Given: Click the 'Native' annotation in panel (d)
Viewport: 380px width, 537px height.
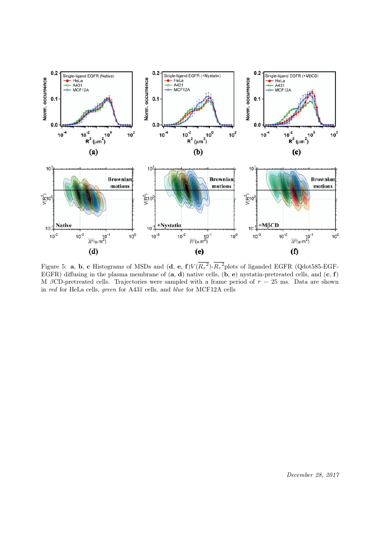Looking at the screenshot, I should click(64, 225).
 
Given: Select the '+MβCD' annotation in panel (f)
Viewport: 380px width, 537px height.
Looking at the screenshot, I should click(270, 225).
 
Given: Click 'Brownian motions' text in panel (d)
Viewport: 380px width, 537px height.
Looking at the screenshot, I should click(119, 183).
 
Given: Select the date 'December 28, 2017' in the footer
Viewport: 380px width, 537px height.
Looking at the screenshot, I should click(313, 475).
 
